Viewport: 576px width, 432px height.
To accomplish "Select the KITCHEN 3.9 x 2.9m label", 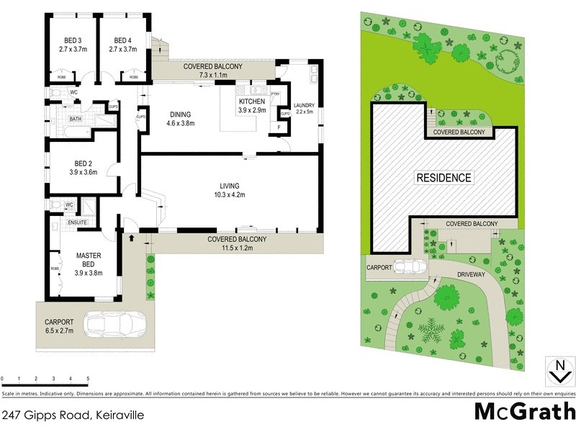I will [x=253, y=107].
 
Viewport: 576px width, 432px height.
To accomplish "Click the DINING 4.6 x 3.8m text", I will [x=180, y=118].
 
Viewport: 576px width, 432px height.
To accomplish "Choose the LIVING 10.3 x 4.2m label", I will [x=230, y=190].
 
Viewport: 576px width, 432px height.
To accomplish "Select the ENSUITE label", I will [x=78, y=222].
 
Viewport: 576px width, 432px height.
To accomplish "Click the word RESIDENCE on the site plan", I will [x=444, y=178].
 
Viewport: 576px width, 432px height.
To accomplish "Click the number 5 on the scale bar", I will [x=88, y=378].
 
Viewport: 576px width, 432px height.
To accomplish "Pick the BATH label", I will [x=75, y=119].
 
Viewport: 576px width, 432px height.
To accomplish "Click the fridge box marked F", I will [x=279, y=127].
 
